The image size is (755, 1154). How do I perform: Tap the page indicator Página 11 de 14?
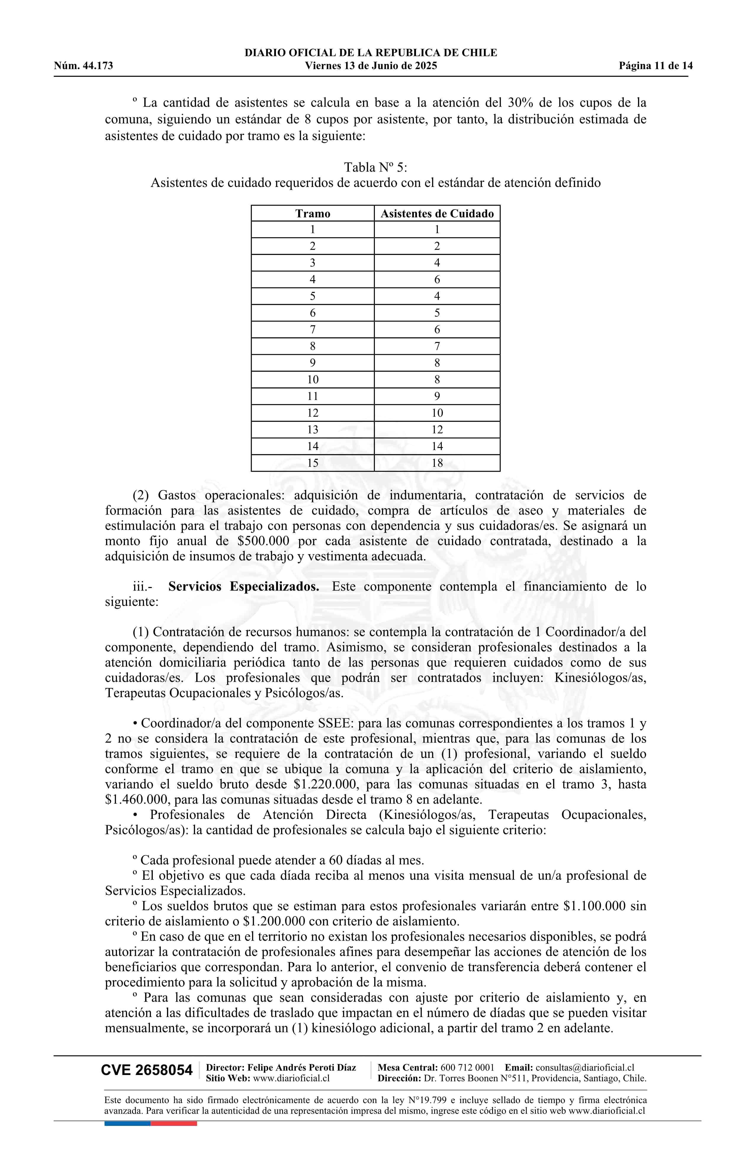coord(656,66)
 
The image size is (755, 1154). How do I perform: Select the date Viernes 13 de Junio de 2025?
coord(371,66)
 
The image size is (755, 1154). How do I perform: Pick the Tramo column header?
coord(312,214)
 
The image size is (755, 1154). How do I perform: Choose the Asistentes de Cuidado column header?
coord(437,214)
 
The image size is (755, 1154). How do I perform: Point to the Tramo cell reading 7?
coord(312,330)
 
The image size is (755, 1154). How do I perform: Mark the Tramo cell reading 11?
coord(312,396)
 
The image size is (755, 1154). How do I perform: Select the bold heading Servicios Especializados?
coord(244,587)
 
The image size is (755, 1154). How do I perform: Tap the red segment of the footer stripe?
coord(174,1124)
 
